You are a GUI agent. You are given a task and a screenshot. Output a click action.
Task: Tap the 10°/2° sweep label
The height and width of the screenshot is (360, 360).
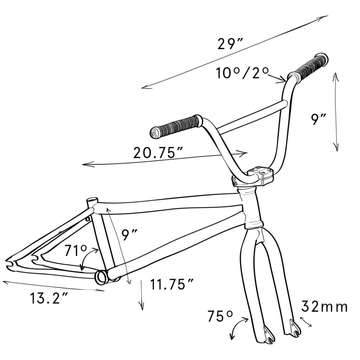pyautogui.click(x=242, y=73)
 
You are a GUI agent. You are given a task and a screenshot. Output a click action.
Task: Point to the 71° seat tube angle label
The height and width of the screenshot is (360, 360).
pyautogui.click(x=75, y=250)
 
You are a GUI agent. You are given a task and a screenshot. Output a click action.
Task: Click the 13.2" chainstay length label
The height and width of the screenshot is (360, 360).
pyautogui.click(x=49, y=298)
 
